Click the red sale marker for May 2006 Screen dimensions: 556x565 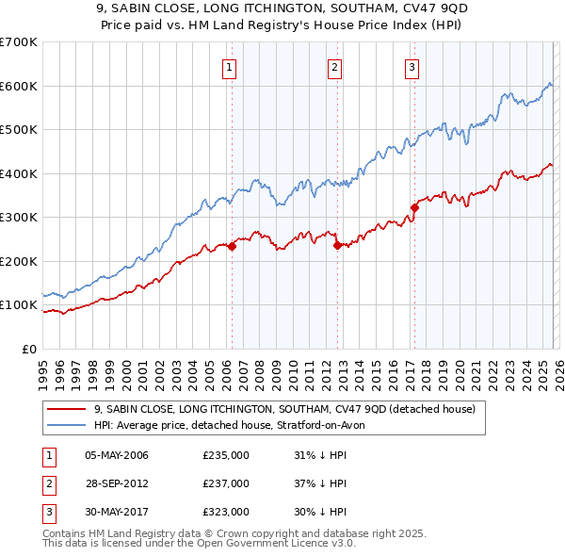tap(232, 246)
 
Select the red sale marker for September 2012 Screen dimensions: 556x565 tap(337, 245)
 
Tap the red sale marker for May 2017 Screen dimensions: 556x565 tap(414, 207)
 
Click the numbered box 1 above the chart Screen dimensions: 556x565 tap(230, 66)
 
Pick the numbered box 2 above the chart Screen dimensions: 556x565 tap(334, 66)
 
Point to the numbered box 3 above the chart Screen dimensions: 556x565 tap(412, 66)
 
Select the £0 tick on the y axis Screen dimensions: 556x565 tap(29, 349)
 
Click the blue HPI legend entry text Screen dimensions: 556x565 tap(235, 425)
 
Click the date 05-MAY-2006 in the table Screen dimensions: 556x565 tap(116, 455)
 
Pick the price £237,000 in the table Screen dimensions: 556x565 tap(226, 483)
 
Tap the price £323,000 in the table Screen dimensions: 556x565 tap(226, 512)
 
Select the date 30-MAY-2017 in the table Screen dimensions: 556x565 tap(116, 512)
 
